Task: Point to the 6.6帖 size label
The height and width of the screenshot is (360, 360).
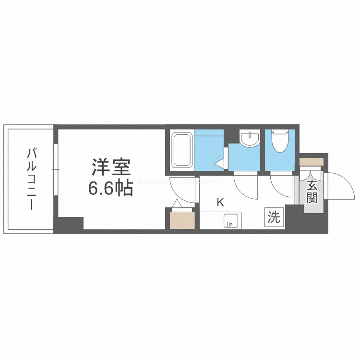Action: click(110, 189)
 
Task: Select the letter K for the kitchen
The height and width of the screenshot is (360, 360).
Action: click(220, 202)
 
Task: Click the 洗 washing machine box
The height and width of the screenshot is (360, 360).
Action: click(274, 217)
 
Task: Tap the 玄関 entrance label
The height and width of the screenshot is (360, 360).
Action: click(312, 191)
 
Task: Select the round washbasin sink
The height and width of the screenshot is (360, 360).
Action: click(248, 139)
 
